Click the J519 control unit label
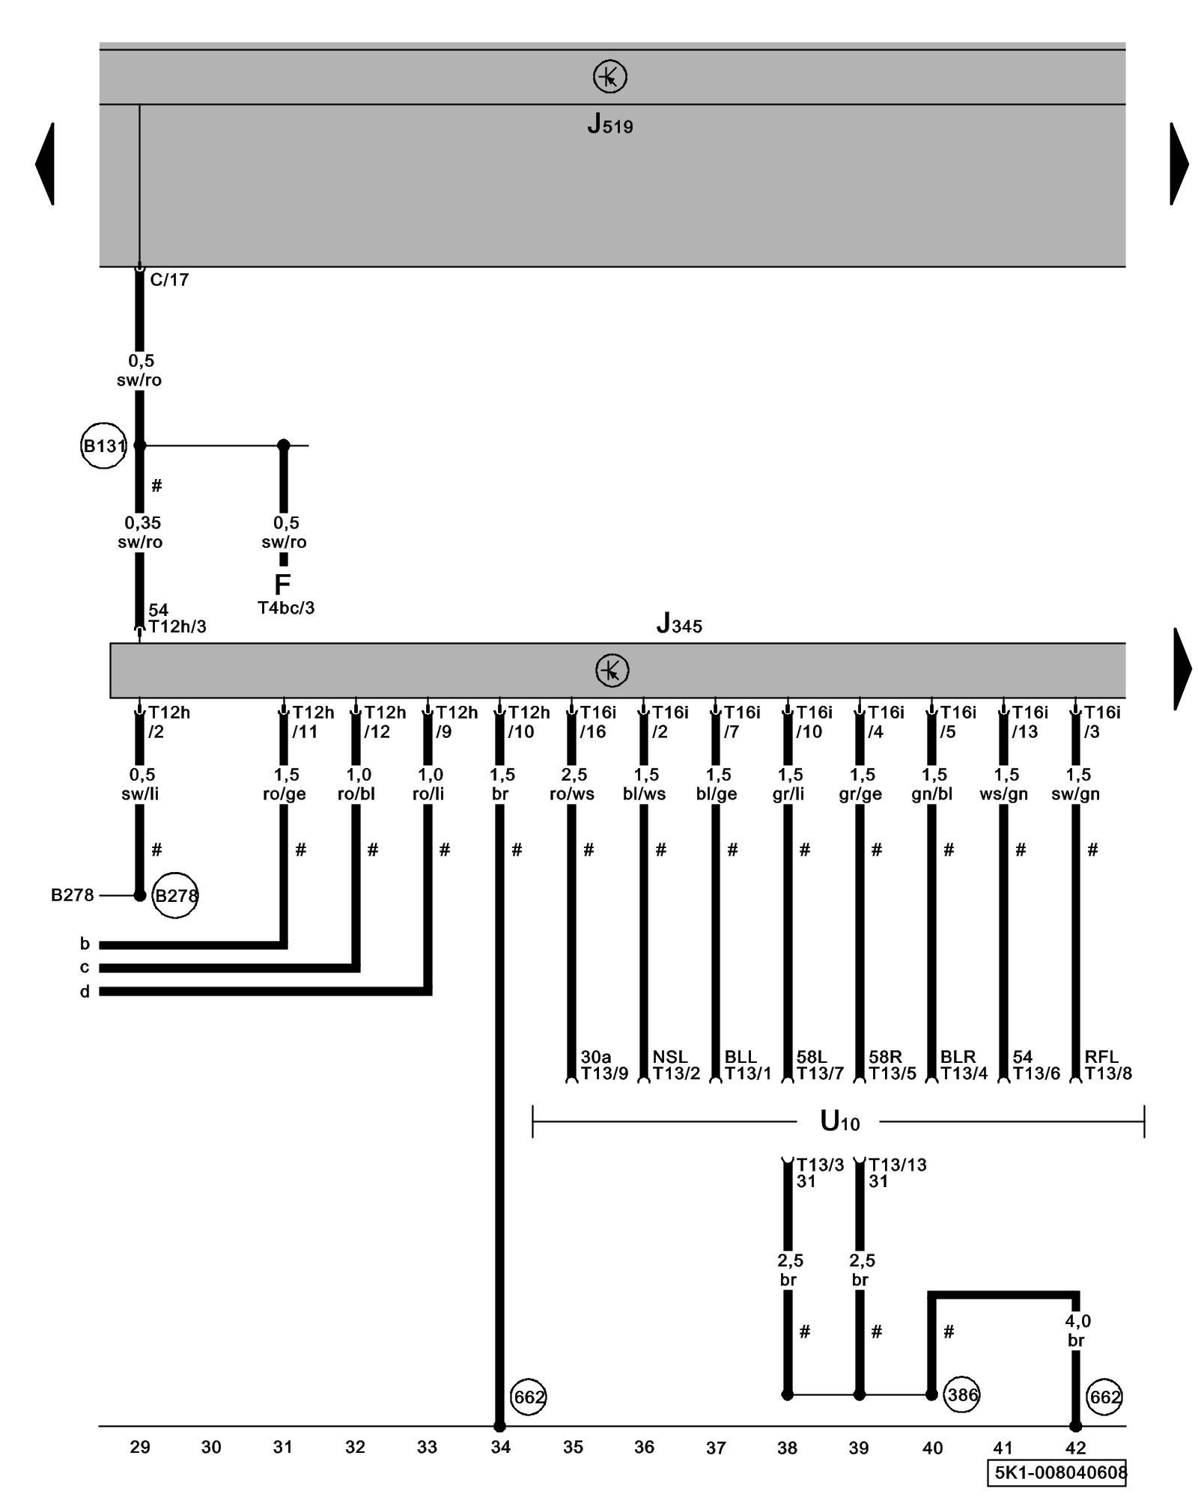tap(609, 124)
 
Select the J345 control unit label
tap(678, 624)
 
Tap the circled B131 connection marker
tap(103, 446)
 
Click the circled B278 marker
tap(175, 895)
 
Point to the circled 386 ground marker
tap(962, 1394)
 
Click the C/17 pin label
tap(169, 280)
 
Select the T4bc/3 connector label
tap(286, 608)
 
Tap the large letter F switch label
tap(282, 584)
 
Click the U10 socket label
tap(839, 1121)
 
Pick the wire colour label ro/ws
tap(572, 794)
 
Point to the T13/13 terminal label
tap(897, 1165)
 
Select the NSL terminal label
tap(669, 1057)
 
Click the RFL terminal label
tap(1101, 1057)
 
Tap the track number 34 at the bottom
tap(500, 1448)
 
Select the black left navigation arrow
tap(45, 163)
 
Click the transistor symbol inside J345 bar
tap(612, 670)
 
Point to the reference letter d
tap(85, 992)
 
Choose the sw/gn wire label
tap(1075, 794)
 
